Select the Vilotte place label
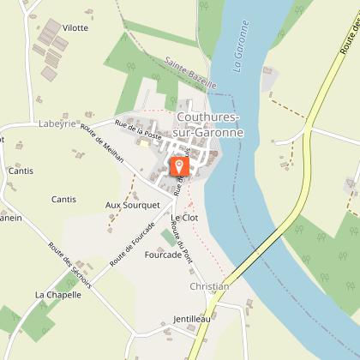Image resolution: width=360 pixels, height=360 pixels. coord(75,27)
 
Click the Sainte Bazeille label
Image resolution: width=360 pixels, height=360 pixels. coord(187,74)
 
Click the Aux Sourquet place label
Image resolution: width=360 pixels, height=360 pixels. coord(133,205)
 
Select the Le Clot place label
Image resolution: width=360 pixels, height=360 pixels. coord(184,219)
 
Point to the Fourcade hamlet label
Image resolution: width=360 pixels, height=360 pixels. coord(163,255)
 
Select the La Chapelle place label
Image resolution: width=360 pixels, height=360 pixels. coord(58,295)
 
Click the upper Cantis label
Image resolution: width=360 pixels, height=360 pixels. coord(21,171)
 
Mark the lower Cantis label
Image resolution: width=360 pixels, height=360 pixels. coord(63,199)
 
